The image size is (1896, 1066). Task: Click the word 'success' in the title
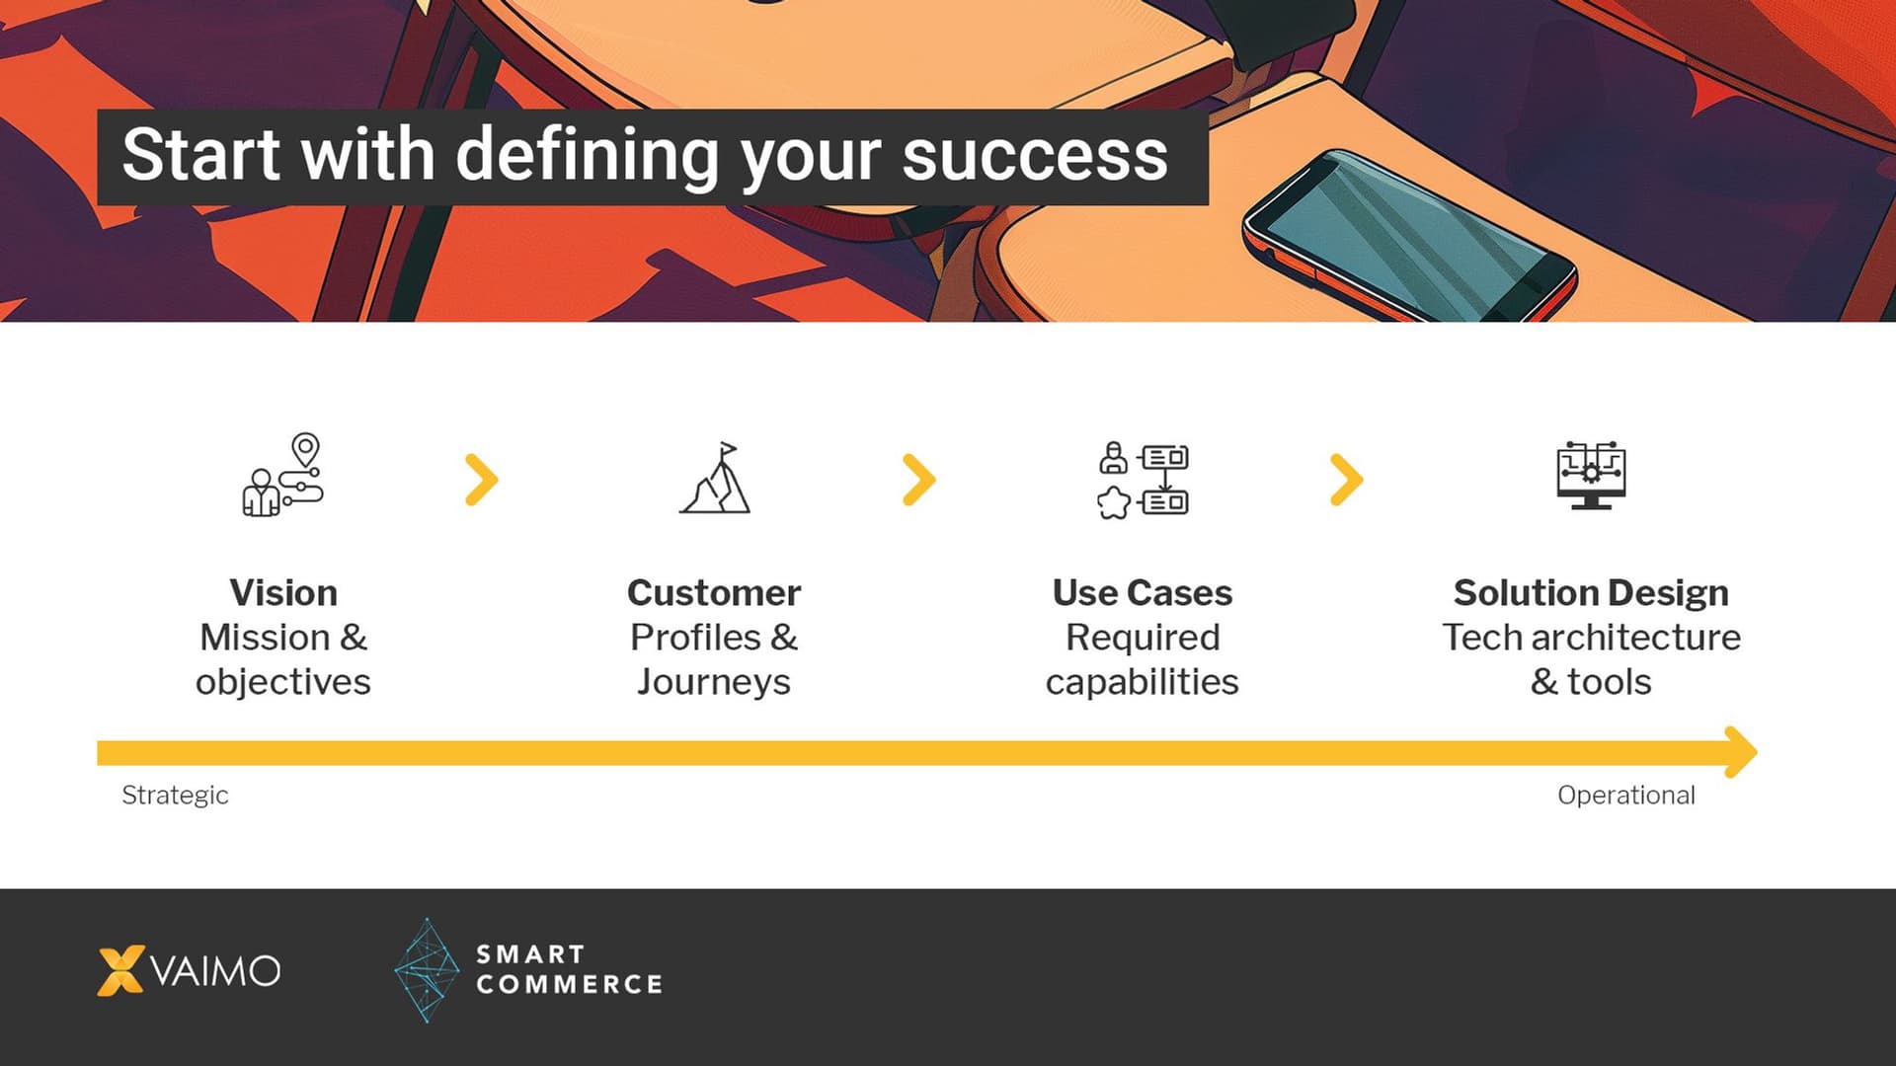pyautogui.click(x=1034, y=156)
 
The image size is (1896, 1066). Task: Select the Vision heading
pyautogui.click(x=283, y=593)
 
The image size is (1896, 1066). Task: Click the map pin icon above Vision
pyautogui.click(x=306, y=449)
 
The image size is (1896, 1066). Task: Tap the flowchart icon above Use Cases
pyautogui.click(x=1143, y=480)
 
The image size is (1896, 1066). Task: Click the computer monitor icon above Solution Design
pyautogui.click(x=1591, y=475)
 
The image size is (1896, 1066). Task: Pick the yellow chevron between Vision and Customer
pyautogui.click(x=482, y=480)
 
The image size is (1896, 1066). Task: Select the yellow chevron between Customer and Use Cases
pyautogui.click(x=919, y=480)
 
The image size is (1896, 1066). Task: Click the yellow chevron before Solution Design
pyautogui.click(x=1347, y=480)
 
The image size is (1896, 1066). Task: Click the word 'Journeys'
pyautogui.click(x=713, y=682)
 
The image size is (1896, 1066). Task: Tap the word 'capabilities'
pyautogui.click(x=1142, y=682)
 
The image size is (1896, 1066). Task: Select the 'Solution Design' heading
pyautogui.click(x=1591, y=593)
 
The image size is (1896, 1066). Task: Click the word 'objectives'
pyautogui.click(x=282, y=682)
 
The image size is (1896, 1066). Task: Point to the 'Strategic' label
pyautogui.click(x=175, y=796)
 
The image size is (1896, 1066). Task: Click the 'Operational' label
pyautogui.click(x=1625, y=796)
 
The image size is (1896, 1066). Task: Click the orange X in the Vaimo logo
pyautogui.click(x=120, y=970)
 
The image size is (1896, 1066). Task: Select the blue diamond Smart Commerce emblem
pyautogui.click(x=427, y=970)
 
